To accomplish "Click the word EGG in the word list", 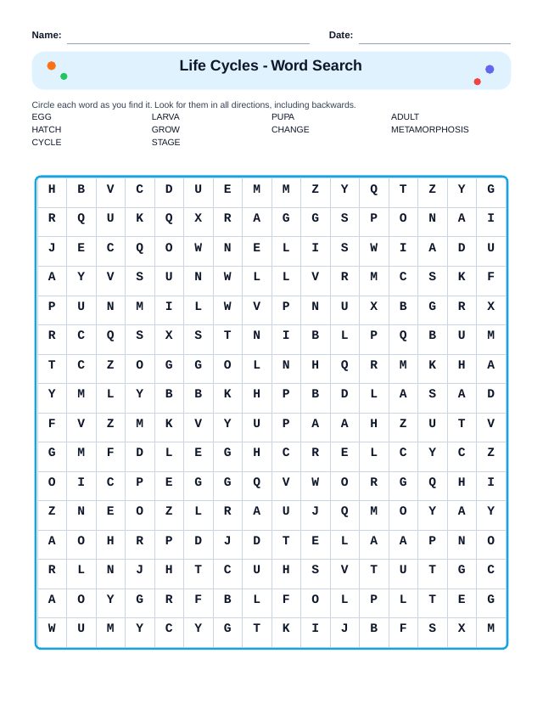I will click(x=42, y=117).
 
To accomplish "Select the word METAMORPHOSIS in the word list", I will click(x=429, y=130).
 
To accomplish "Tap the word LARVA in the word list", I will click(x=165, y=117).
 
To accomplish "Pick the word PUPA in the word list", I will click(x=283, y=117).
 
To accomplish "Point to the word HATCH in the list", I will click(x=47, y=130).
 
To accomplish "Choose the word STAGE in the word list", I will click(x=165, y=143).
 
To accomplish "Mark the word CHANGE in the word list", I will click(x=290, y=130).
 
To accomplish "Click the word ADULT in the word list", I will click(x=405, y=117).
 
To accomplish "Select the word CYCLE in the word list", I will click(x=47, y=143).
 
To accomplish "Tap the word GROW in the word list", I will click(x=165, y=130).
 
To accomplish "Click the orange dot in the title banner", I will click(x=52, y=65).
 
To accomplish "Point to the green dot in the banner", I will click(x=64, y=76).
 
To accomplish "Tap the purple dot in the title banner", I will click(x=490, y=70).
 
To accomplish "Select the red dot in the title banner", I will click(x=477, y=82).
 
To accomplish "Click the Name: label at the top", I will click(x=47, y=35).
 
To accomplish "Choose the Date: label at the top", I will click(x=341, y=35).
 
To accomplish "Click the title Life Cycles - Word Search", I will click(x=271, y=65).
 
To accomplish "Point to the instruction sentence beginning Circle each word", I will click(x=193, y=104).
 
